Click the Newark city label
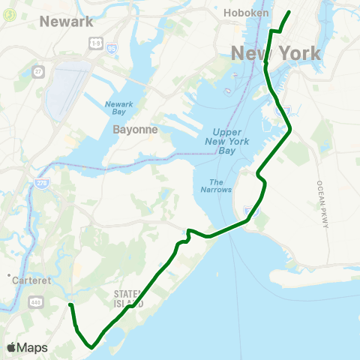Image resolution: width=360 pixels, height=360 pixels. coord(66,21)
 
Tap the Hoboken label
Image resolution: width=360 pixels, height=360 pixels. coord(247,13)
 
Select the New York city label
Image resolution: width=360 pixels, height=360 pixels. coord(276,54)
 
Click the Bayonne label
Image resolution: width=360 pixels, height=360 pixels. coord(135,129)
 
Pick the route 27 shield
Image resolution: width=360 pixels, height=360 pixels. coord(38,73)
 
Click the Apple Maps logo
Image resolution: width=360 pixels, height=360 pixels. coord(26,347)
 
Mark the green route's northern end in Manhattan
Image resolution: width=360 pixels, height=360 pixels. coord(289,12)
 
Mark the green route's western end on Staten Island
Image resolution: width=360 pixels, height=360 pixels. coord(70,305)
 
